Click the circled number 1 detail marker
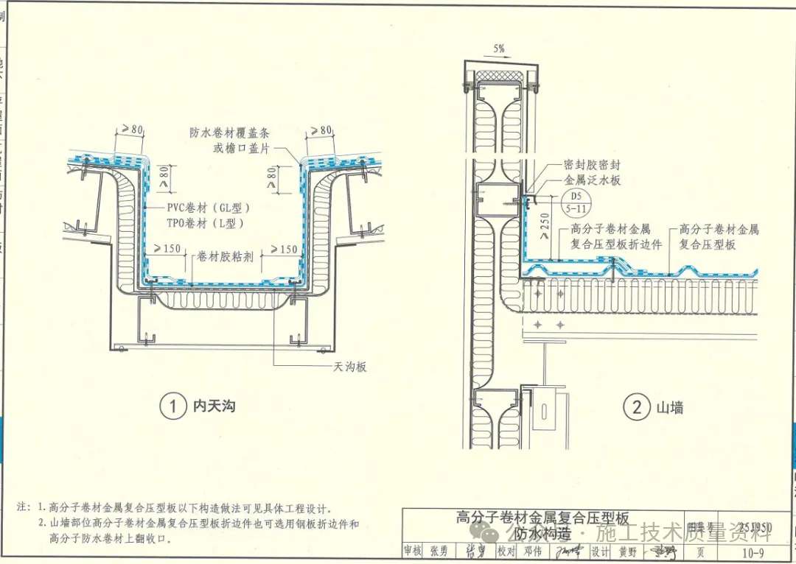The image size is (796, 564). point(173,406)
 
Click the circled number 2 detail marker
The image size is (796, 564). point(637,406)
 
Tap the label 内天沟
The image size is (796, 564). point(214,406)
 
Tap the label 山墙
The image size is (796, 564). point(669,407)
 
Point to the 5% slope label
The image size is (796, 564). point(499,49)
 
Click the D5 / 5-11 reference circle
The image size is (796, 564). point(575,202)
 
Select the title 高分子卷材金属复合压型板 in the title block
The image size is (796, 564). point(542,518)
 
